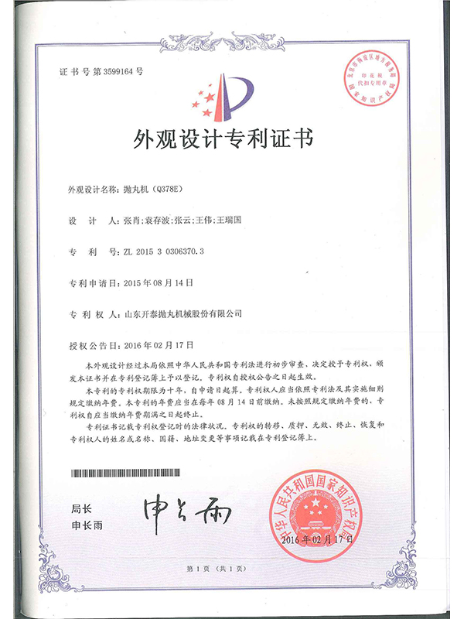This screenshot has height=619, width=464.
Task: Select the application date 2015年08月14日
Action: pyautogui.click(x=157, y=283)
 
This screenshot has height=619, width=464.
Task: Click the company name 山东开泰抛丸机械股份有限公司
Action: pyautogui.click(x=183, y=314)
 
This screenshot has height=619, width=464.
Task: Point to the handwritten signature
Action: pyautogui.click(x=174, y=509)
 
